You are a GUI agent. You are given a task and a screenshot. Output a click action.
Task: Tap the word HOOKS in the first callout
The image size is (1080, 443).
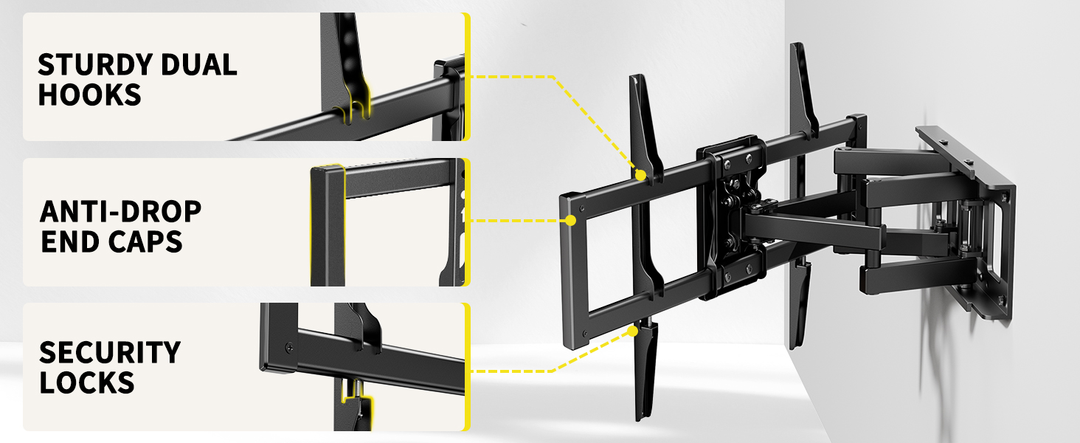[x=89, y=95]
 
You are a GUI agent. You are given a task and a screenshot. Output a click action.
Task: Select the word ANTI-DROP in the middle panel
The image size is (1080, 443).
[x=120, y=212]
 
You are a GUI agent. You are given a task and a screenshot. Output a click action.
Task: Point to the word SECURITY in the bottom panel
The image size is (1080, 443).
[x=109, y=352]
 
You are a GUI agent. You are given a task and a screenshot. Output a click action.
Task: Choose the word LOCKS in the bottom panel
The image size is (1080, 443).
[x=86, y=382]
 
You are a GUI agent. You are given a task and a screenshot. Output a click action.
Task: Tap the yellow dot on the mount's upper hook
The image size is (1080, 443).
[x=640, y=175]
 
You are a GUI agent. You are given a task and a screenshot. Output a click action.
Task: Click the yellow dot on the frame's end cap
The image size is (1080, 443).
[x=571, y=220]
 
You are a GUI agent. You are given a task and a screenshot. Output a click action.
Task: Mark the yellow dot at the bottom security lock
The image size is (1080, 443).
[x=632, y=331]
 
